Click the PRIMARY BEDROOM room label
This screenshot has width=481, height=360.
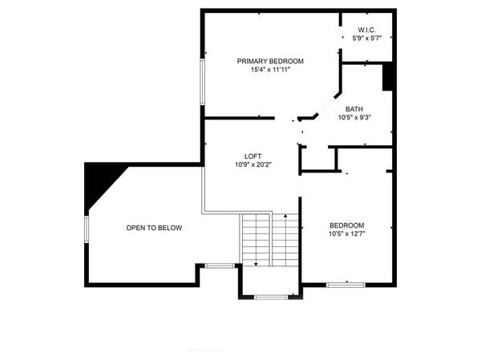[269, 61]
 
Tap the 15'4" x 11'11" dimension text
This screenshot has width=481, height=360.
[269, 70]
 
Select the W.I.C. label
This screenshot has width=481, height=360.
[364, 30]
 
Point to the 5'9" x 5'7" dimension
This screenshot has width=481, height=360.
[364, 38]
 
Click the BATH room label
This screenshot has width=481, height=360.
[354, 109]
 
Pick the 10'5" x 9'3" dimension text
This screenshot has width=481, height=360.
[354, 118]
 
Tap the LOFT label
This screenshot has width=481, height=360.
[253, 156]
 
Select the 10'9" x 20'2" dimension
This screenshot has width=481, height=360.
[253, 165]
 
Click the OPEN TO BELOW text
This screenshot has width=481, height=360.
[154, 228]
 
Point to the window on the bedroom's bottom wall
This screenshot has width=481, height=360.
[346, 284]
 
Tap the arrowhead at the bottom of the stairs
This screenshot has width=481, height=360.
[256, 264]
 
